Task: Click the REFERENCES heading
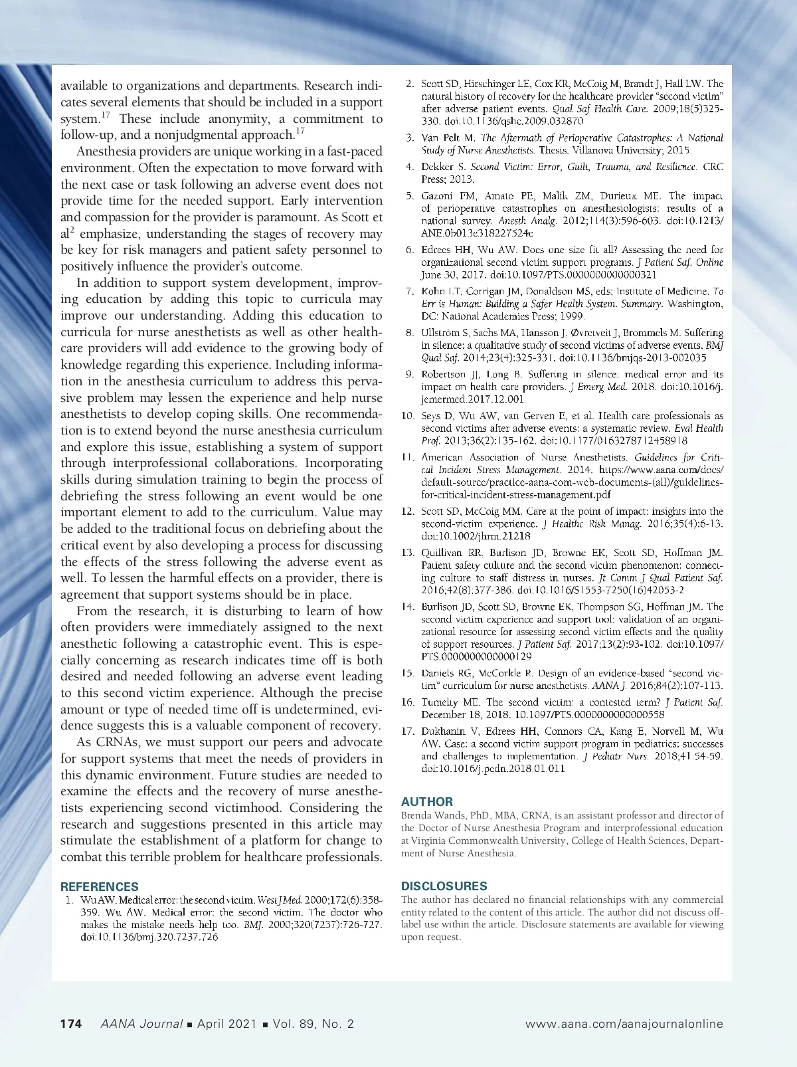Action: (x=100, y=886)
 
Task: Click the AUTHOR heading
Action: (x=427, y=801)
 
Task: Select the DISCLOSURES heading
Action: (x=444, y=886)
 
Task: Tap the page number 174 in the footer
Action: (x=71, y=1024)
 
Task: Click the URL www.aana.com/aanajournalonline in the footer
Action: (x=624, y=1024)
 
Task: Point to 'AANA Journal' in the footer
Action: (x=141, y=1024)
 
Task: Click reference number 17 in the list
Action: (x=408, y=731)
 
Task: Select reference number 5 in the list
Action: (x=410, y=196)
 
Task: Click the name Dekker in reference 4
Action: (x=436, y=167)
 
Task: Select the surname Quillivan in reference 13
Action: (x=443, y=553)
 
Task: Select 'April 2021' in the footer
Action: (x=226, y=1024)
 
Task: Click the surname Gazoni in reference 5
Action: (x=438, y=196)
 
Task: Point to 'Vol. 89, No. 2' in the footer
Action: (x=313, y=1024)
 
